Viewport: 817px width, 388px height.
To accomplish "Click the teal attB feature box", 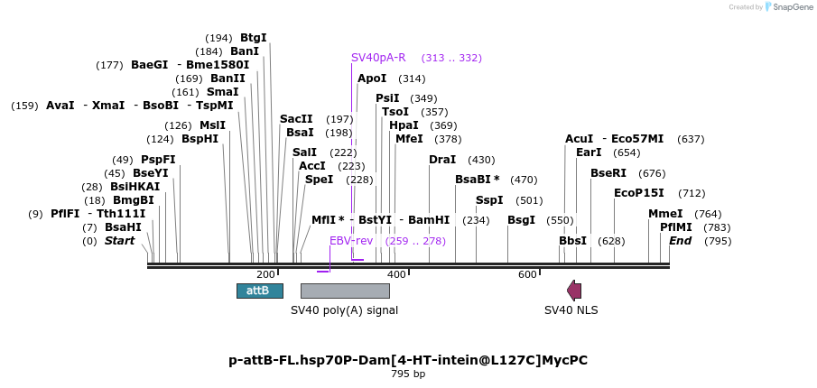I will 259,291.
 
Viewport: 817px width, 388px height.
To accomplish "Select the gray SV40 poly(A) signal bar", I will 345,291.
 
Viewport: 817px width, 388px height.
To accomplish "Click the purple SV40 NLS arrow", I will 574,291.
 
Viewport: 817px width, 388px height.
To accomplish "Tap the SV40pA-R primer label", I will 378,58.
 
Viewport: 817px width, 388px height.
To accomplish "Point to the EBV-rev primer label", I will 351,241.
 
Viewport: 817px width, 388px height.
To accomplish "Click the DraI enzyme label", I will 442,160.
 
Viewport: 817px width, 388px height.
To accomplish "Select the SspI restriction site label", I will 489,200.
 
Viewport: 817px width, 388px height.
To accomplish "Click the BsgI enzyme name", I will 521,220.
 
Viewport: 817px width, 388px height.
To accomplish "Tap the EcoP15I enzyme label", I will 638,193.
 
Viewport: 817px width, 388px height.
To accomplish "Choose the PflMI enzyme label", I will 676,227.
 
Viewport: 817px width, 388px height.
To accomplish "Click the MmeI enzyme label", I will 665,214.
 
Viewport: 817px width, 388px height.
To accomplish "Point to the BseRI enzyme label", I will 608,173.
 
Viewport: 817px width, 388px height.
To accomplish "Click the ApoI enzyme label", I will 372,79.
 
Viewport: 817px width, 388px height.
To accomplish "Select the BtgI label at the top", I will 254,38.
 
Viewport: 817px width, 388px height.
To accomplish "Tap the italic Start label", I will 119,241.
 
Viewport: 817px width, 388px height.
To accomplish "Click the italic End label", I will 680,241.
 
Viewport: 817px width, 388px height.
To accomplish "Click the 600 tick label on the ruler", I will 527,274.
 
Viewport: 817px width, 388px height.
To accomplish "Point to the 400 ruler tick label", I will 396,274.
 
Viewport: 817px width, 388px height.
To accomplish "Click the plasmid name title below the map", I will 408,360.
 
